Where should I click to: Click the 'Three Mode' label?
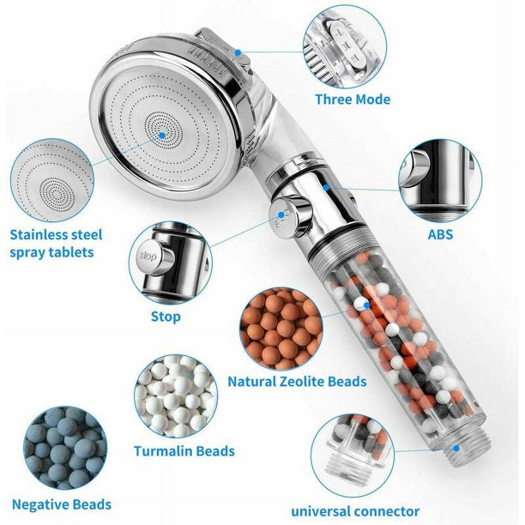(x=353, y=100)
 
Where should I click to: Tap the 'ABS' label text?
(x=439, y=233)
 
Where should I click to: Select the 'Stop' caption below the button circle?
(x=166, y=317)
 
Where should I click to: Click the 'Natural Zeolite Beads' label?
(x=297, y=382)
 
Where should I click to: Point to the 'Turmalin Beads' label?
(x=184, y=450)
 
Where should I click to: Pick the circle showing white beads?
(x=175, y=396)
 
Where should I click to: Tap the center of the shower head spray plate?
(x=163, y=130)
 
